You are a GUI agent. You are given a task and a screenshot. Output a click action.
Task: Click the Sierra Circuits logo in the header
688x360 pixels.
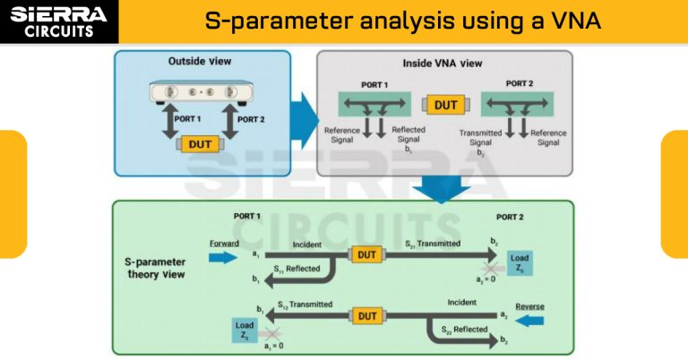click(x=59, y=21)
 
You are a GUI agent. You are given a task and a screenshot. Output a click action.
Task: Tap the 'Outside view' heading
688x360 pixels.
click(x=200, y=61)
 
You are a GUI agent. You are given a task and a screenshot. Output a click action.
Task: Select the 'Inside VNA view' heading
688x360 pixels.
click(x=444, y=65)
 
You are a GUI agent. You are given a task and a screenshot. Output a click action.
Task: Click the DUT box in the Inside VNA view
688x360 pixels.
click(x=445, y=105)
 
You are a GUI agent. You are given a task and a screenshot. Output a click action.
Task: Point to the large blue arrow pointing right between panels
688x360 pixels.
click(x=305, y=114)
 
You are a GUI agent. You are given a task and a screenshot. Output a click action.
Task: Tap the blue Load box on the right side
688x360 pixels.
click(x=520, y=263)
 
